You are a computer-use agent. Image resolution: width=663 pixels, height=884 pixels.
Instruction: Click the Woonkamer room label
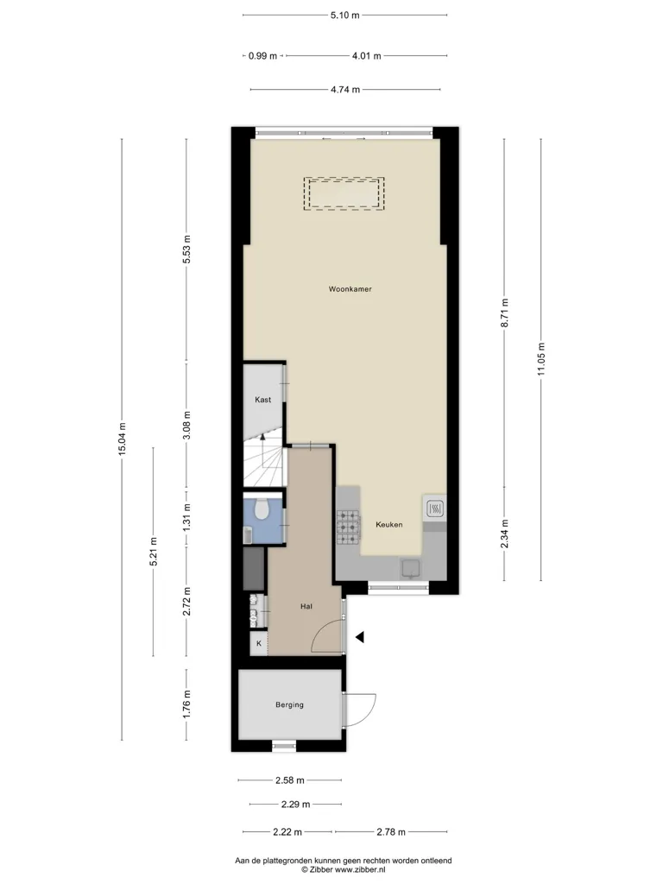350,289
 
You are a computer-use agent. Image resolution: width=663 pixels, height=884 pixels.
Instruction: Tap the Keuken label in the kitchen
389,525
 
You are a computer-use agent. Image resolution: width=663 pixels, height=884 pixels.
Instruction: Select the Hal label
306,607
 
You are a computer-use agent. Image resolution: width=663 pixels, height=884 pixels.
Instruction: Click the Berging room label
289,704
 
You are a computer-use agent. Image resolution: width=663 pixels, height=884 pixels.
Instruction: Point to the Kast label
262,400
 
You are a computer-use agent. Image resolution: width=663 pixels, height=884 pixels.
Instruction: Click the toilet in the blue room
261,509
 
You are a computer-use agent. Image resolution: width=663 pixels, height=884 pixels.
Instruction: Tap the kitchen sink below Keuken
410,568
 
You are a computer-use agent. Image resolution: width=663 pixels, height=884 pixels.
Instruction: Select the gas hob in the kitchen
348,527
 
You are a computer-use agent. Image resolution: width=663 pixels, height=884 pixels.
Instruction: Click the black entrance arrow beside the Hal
360,637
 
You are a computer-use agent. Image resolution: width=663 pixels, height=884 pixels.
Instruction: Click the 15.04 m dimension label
123,439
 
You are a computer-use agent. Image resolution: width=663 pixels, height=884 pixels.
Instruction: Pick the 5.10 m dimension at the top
344,16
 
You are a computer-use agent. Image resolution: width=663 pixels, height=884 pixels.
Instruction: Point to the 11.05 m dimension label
541,359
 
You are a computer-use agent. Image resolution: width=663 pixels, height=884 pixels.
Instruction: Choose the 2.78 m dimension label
391,832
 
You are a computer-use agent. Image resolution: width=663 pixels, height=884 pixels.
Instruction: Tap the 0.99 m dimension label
262,56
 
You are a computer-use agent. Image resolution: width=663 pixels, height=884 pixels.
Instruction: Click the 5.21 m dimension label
154,552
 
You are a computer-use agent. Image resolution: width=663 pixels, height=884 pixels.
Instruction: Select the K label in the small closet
259,643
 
